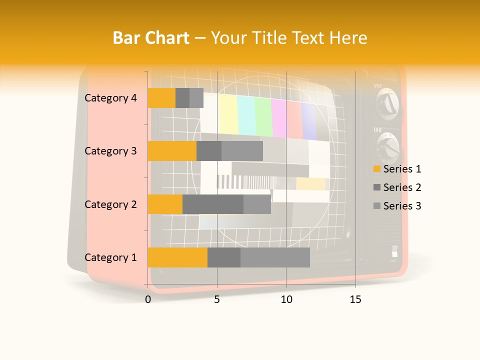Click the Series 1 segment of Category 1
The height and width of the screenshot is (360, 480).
(177, 257)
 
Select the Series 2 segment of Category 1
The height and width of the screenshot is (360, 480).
(224, 257)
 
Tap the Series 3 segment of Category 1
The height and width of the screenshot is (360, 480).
(275, 257)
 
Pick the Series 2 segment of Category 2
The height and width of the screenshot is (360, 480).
(213, 204)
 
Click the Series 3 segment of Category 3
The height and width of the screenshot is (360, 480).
(242, 151)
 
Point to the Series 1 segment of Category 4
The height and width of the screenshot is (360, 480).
(161, 98)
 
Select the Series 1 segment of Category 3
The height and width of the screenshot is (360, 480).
(172, 151)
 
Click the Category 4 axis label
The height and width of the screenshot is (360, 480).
(110, 98)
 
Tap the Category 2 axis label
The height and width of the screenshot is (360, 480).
(110, 204)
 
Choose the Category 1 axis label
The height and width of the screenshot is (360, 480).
(110, 257)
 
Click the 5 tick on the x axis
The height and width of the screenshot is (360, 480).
(217, 299)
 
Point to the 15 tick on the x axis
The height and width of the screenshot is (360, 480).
(355, 299)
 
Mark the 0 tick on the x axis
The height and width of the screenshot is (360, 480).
(148, 299)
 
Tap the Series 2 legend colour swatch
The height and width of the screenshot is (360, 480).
(377, 187)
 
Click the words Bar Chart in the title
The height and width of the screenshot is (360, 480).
(151, 38)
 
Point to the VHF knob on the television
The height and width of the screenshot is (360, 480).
(388, 104)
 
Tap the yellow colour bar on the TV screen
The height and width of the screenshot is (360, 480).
(228, 114)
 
